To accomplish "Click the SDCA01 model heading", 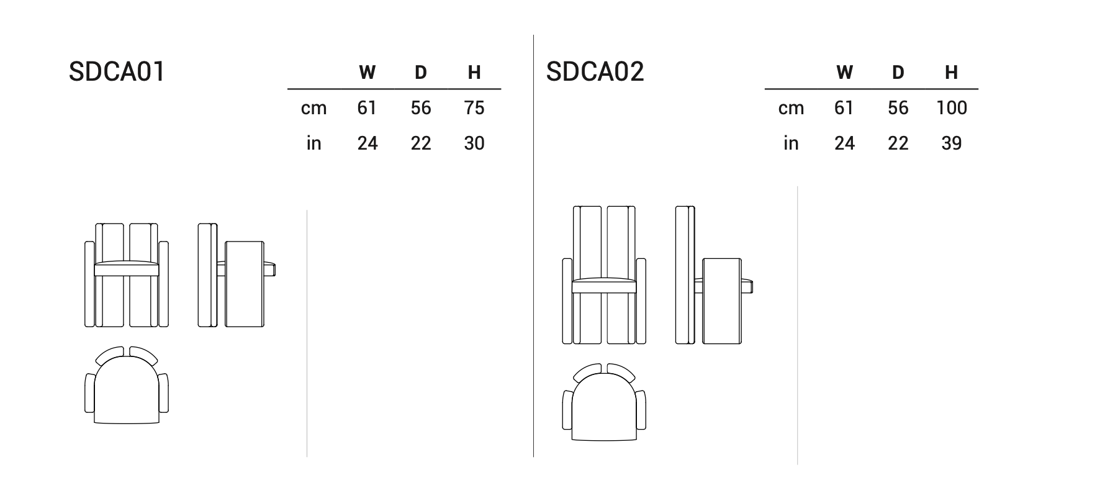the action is coord(117,71).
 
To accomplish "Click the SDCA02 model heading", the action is coord(595,71).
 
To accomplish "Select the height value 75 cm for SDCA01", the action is coord(474,108).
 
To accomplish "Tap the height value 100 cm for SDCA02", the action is coord(951,108).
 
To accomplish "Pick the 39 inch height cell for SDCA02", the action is coord(951,143).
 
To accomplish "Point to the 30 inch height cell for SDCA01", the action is coord(474,143).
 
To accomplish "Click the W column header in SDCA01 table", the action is coord(367,73).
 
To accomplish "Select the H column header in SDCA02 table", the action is coord(951,73).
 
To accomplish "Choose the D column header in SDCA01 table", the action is coord(420,73).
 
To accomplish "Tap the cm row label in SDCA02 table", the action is coord(791,109).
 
